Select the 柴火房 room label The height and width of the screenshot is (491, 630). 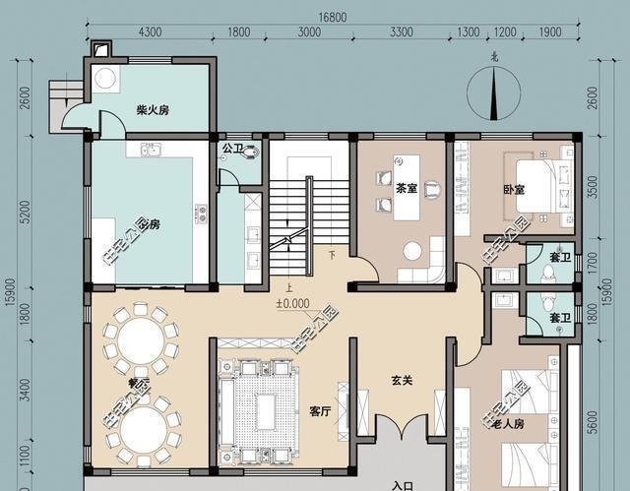coord(153,110)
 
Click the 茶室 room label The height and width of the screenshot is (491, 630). coord(406,187)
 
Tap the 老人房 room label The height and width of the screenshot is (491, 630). coord(507,425)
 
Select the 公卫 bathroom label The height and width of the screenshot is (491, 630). coord(232,149)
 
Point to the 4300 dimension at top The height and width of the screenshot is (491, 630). coord(151,32)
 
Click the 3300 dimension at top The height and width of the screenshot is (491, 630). coord(401,32)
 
